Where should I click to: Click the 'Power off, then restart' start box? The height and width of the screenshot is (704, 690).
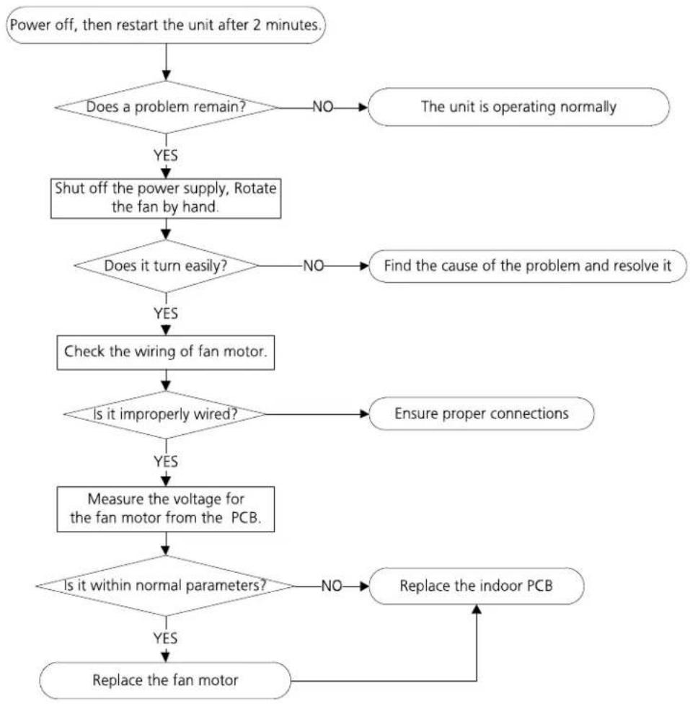coord(166,25)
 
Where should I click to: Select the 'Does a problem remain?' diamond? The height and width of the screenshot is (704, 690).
coord(166,107)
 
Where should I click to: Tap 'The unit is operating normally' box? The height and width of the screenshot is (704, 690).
coord(518,107)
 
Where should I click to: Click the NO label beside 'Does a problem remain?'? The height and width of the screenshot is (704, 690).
coord(323,107)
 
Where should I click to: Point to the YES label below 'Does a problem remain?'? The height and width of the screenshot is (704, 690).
coord(166,155)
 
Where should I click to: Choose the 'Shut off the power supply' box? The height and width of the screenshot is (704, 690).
coord(166,198)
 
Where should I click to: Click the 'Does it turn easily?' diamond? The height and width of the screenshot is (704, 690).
coord(166,265)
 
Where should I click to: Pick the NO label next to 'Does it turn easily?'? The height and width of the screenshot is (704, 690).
coord(314,265)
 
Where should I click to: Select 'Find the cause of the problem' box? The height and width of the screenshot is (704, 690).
coord(528,265)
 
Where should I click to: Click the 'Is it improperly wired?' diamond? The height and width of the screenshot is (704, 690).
coord(165,415)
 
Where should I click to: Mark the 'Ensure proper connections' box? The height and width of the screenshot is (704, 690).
coord(481,413)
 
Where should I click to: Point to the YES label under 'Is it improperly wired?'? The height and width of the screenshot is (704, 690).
coord(166,462)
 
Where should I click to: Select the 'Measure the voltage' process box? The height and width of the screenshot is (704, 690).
coord(166,509)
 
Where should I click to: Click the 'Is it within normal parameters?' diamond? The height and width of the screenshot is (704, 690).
coord(165,586)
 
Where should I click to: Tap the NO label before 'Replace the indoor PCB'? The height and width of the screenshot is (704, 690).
coord(332,586)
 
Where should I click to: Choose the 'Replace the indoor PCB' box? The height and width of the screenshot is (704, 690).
coord(477,586)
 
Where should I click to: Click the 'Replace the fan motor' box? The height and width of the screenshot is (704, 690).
coord(165,680)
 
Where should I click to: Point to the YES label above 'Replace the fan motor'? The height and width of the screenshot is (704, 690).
coord(165,638)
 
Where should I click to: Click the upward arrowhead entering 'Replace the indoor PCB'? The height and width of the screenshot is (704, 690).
coord(477,610)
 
